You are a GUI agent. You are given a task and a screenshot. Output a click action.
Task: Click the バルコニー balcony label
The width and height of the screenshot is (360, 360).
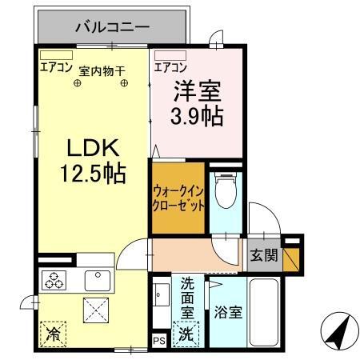tap(112, 27)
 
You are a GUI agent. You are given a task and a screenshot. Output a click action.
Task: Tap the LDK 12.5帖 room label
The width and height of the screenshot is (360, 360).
tap(93, 161)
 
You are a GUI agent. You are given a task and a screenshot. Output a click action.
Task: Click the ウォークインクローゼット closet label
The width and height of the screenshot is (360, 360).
tap(178, 198)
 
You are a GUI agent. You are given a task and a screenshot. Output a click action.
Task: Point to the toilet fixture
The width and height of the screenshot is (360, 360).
tap(226, 190)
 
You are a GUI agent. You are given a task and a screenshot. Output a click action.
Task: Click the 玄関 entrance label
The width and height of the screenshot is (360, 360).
tap(264, 255)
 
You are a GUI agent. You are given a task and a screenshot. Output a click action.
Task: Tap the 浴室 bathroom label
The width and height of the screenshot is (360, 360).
tap(228, 312)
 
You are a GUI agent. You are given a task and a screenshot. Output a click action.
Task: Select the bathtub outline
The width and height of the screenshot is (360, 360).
tap(264, 312)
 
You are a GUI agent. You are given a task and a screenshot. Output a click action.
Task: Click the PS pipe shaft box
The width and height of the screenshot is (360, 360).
tap(159, 342)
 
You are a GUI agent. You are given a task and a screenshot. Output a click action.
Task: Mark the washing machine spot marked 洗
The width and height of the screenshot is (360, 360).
tap(186, 334)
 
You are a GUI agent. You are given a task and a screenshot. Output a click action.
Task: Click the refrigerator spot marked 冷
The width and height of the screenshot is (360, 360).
tap(53, 334)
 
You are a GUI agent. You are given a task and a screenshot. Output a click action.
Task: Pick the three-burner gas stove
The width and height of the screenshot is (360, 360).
tap(54, 281)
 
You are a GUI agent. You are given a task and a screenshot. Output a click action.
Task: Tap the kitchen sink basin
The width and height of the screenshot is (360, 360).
tap(98, 281)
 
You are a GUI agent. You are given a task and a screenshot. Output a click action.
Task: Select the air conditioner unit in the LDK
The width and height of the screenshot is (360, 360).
tap(56, 55)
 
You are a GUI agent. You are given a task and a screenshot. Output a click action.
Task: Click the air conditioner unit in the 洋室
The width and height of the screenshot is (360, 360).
tap(170, 55)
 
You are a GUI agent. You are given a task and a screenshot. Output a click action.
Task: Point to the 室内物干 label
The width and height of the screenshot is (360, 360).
tap(102, 71)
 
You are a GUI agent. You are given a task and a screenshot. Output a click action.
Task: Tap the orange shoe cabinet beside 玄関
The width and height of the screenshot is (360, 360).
tap(291, 259)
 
